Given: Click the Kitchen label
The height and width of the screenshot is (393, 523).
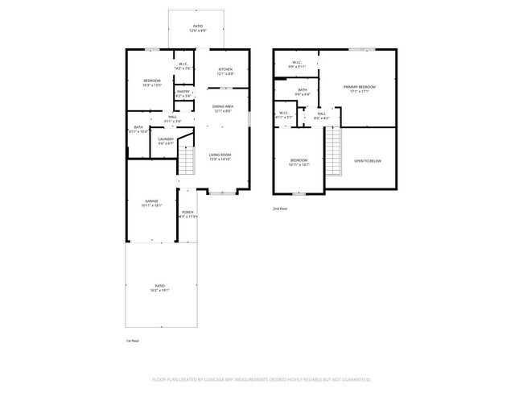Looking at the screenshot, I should coord(225,70).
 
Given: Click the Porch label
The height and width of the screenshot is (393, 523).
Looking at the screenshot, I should coord(187,213).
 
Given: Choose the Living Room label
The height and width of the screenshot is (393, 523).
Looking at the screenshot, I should coord(220,156).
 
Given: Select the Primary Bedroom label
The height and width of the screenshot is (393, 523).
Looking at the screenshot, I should coord(359,88).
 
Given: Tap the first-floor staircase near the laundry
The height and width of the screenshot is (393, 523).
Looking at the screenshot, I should coord(186,162).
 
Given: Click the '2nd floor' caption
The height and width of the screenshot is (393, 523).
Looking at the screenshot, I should coord(279,209).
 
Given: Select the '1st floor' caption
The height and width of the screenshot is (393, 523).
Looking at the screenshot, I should coord(133,341).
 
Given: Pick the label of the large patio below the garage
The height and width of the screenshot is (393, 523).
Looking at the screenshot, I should coord(159,288).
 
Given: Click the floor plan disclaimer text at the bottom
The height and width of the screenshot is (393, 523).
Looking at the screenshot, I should coord(261,379).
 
